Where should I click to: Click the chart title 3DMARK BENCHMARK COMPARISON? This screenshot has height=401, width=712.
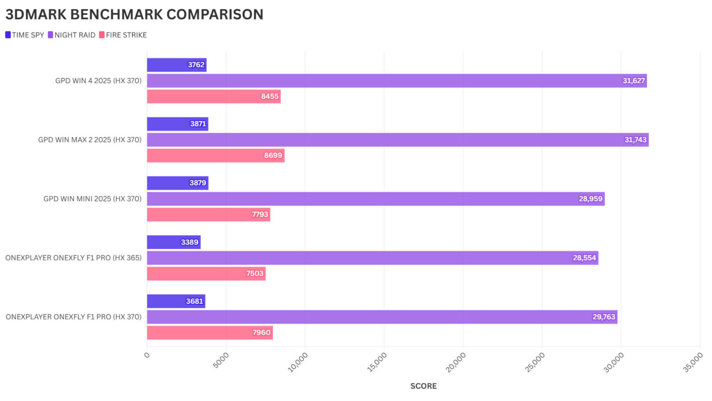click(134, 14)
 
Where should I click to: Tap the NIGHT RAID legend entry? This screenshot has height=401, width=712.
click(71, 35)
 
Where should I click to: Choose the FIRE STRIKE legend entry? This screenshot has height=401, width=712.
click(123, 35)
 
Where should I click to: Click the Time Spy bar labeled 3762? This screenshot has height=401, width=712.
click(176, 65)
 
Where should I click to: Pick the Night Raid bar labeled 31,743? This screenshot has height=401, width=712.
click(397, 140)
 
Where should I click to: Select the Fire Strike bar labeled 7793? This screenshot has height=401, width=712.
click(208, 214)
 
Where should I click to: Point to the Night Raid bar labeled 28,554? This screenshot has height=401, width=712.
click(372, 258)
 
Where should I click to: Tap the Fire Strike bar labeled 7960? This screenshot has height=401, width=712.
click(210, 333)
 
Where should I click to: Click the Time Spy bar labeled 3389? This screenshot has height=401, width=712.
click(173, 242)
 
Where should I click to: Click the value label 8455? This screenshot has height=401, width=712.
click(270, 97)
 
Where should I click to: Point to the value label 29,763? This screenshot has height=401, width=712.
click(604, 317)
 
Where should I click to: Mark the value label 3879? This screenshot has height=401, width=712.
click(197, 183)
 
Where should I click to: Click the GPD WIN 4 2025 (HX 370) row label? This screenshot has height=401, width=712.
click(98, 81)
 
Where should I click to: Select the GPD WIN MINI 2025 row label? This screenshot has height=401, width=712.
click(92, 199)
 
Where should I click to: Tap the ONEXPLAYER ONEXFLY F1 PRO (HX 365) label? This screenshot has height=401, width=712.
click(73, 258)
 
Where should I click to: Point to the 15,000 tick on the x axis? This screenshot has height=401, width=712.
click(377, 362)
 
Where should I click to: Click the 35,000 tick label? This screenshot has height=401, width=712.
click(693, 362)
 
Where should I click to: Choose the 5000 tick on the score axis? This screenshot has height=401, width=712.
click(221, 360)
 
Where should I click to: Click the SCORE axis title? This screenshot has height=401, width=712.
click(423, 386)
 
